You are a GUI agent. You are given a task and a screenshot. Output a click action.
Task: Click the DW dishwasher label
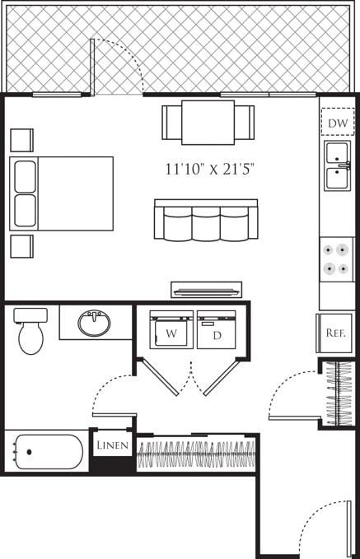[x=336, y=123]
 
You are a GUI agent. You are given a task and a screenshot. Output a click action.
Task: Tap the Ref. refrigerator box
[x=334, y=333]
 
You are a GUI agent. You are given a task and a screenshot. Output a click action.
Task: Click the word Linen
[x=111, y=445]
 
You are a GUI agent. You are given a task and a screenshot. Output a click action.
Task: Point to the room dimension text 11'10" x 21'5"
[x=209, y=170]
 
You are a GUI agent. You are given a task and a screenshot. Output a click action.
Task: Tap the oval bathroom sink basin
[x=94, y=323]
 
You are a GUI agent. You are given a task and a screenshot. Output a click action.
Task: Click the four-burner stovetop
[x=336, y=258]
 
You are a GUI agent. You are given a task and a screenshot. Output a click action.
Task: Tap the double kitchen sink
[x=337, y=165]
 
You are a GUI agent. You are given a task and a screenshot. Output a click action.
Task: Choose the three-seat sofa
[x=206, y=221]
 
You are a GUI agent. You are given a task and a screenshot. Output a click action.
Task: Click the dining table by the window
[x=208, y=122]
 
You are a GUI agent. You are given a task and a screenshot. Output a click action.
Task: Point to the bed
[x=62, y=193]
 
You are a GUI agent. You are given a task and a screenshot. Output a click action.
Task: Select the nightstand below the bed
[x=21, y=246]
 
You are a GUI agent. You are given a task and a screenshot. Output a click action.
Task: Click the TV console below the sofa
[x=206, y=289]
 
